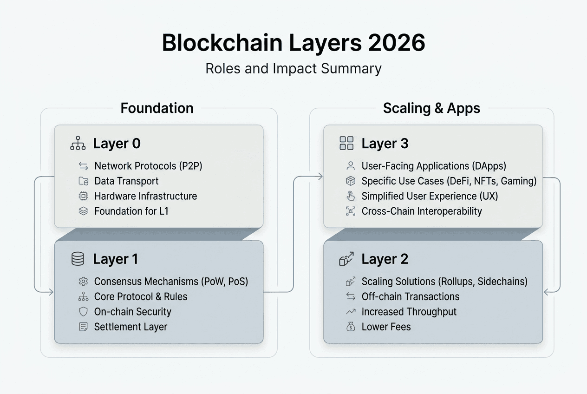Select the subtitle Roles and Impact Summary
293,68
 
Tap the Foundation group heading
157,108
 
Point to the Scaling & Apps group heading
431,108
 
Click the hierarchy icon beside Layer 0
78,144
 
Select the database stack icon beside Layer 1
78,259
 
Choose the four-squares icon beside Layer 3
346,143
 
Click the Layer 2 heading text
385,259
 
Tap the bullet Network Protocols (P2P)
148,166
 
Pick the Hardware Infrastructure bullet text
145,196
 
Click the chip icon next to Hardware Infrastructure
83,196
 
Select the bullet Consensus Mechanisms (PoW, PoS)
171,282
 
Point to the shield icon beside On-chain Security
83,312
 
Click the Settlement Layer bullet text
130,327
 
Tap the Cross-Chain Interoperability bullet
422,211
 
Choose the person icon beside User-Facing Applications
351,166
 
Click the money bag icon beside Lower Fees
351,327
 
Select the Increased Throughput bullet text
409,312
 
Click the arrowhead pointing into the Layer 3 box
320,176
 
